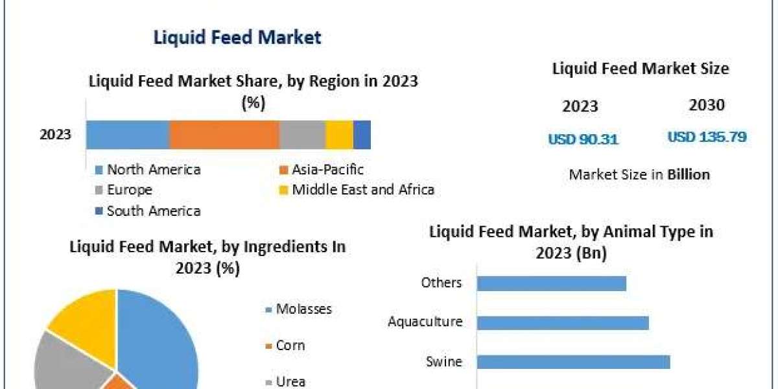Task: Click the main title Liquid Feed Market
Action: (237, 37)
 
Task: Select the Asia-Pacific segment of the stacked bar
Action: (224, 135)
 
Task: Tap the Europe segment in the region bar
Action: (302, 135)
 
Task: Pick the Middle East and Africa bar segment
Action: (339, 135)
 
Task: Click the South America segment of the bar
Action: (362, 135)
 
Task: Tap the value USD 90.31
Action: (583, 139)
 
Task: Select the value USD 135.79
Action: (707, 137)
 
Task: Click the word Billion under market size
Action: (689, 174)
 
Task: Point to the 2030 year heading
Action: (707, 105)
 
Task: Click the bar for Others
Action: (551, 283)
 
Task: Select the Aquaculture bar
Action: (563, 322)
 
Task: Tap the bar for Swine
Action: (573, 362)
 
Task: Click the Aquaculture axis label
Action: (425, 322)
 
